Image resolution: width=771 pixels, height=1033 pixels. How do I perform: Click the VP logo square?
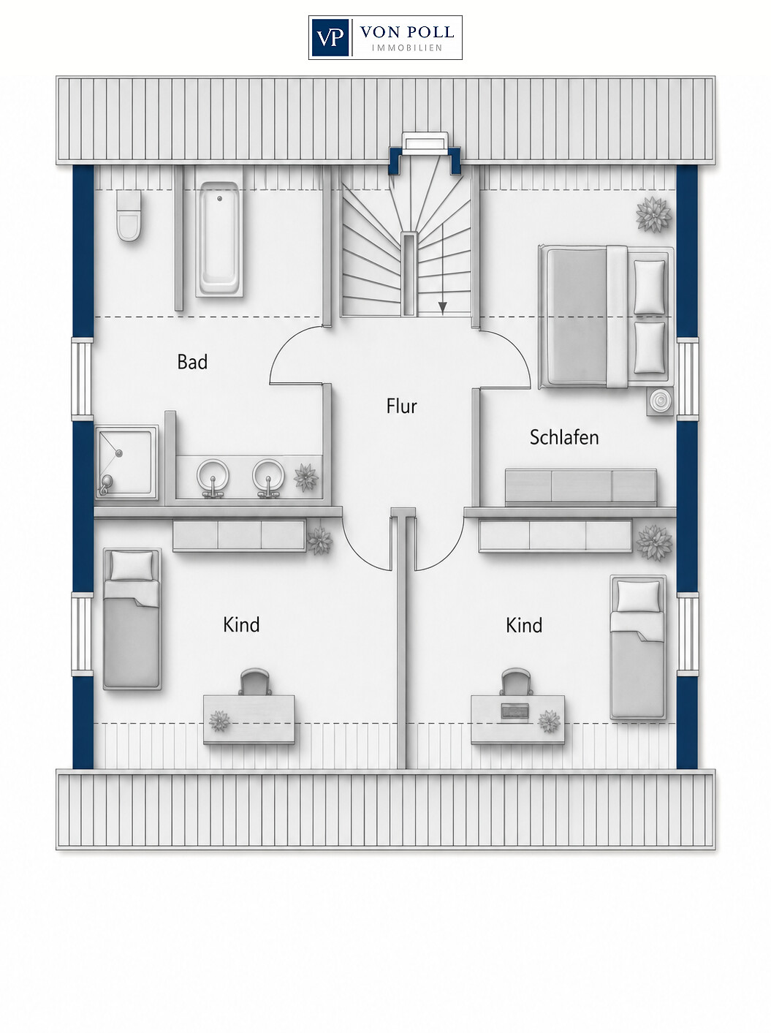tap(330, 37)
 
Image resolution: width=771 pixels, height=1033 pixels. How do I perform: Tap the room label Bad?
tap(192, 362)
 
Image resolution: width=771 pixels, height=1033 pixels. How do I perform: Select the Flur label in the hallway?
tap(401, 406)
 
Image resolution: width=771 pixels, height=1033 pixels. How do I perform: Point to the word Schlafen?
tap(564, 437)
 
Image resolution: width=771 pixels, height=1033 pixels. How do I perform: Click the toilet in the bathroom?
tap(129, 216)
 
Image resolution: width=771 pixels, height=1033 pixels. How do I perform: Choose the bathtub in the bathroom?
tap(219, 239)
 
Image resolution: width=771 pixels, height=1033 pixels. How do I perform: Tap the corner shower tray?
tap(126, 462)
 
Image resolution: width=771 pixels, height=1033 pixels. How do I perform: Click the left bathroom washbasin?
tap(213, 476)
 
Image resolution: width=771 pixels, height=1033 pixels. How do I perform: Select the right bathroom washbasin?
tap(268, 476)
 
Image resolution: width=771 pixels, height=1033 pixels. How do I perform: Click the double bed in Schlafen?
tap(607, 317)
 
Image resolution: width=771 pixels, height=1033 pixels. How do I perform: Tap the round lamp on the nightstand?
tap(659, 401)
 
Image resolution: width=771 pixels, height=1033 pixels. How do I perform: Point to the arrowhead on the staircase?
tap(442, 309)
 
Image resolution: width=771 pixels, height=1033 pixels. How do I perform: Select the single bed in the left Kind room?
tap(132, 619)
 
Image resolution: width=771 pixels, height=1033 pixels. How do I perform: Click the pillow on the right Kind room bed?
tap(638, 597)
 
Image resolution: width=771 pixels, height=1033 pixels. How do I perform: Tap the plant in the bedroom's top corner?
tap(653, 215)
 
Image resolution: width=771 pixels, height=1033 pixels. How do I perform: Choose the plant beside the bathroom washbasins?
tap(305, 477)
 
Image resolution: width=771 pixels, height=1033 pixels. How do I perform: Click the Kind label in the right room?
tap(523, 626)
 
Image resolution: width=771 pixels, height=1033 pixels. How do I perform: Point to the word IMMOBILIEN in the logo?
tap(407, 48)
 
